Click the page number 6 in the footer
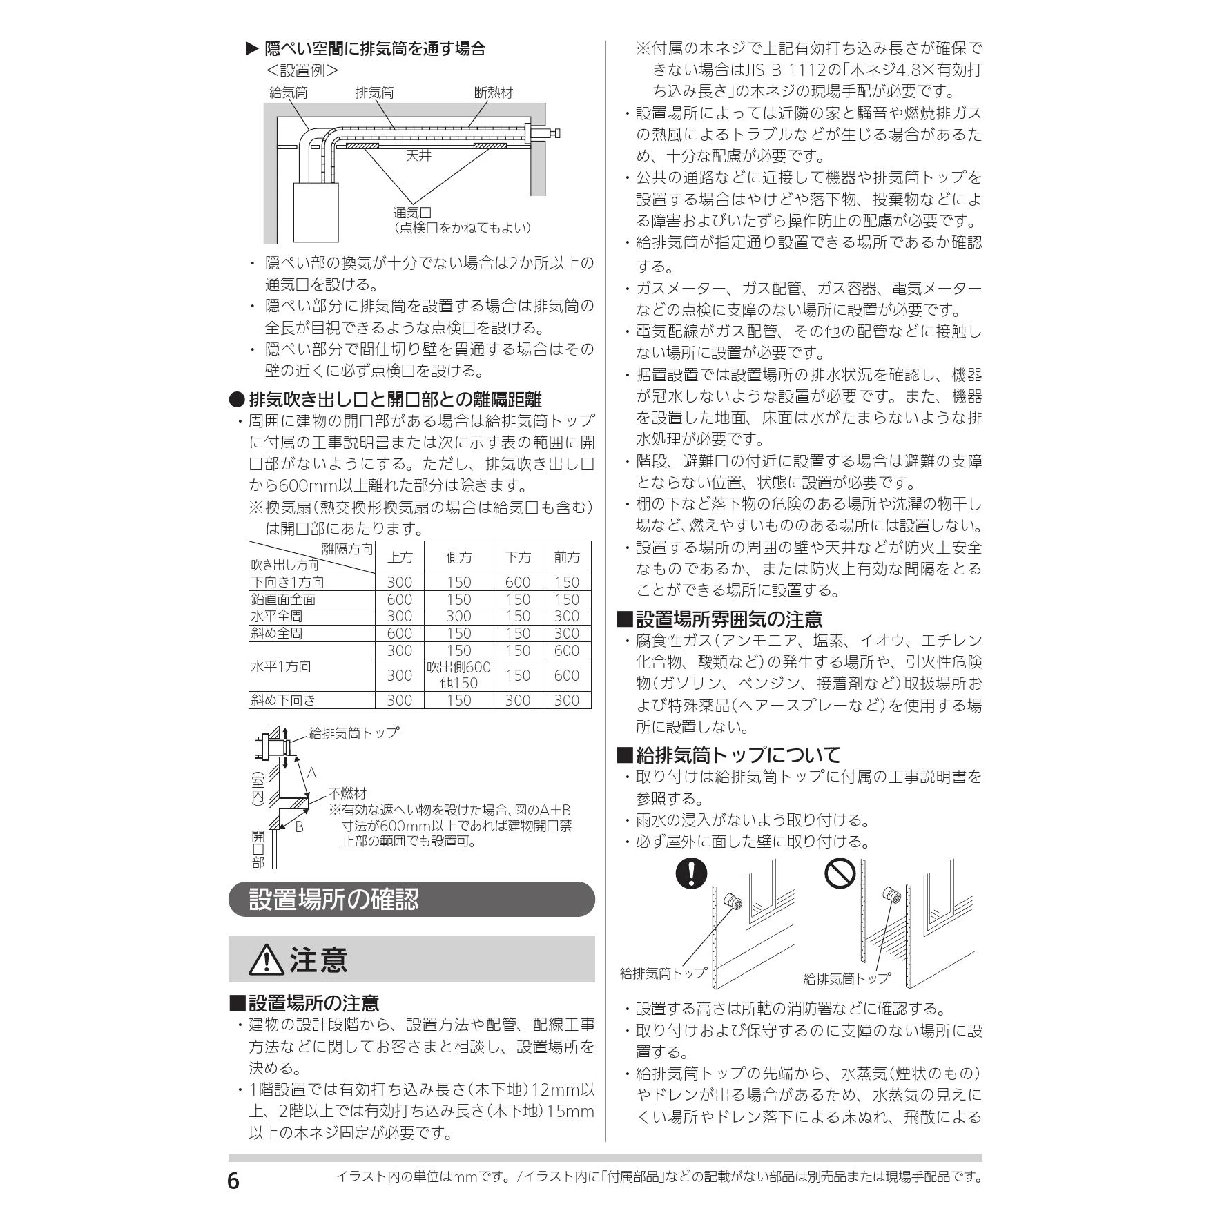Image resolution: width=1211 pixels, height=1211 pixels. [x=233, y=1181]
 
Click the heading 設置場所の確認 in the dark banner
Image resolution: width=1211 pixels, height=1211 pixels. [x=333, y=900]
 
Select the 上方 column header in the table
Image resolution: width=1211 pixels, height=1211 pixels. [x=400, y=558]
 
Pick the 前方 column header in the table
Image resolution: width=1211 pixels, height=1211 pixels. [x=567, y=558]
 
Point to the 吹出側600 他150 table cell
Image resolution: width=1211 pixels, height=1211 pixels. [x=458, y=675]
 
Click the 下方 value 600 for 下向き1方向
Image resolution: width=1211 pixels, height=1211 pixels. [x=518, y=583]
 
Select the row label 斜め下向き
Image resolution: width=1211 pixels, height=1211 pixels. [x=283, y=700]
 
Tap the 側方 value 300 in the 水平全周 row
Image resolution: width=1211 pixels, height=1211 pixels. [x=458, y=617]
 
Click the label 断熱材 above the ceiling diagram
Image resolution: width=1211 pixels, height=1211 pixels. [x=494, y=93]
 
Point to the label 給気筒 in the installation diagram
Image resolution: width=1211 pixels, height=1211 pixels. [x=288, y=93]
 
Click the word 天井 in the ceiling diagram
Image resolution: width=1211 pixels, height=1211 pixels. [x=418, y=155]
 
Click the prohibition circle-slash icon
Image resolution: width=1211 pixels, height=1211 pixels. [x=840, y=874]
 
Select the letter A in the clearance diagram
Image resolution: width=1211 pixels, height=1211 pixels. [x=311, y=773]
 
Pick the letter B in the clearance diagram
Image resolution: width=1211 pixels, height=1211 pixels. [x=299, y=826]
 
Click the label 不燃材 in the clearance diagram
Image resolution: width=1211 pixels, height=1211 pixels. [x=347, y=794]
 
